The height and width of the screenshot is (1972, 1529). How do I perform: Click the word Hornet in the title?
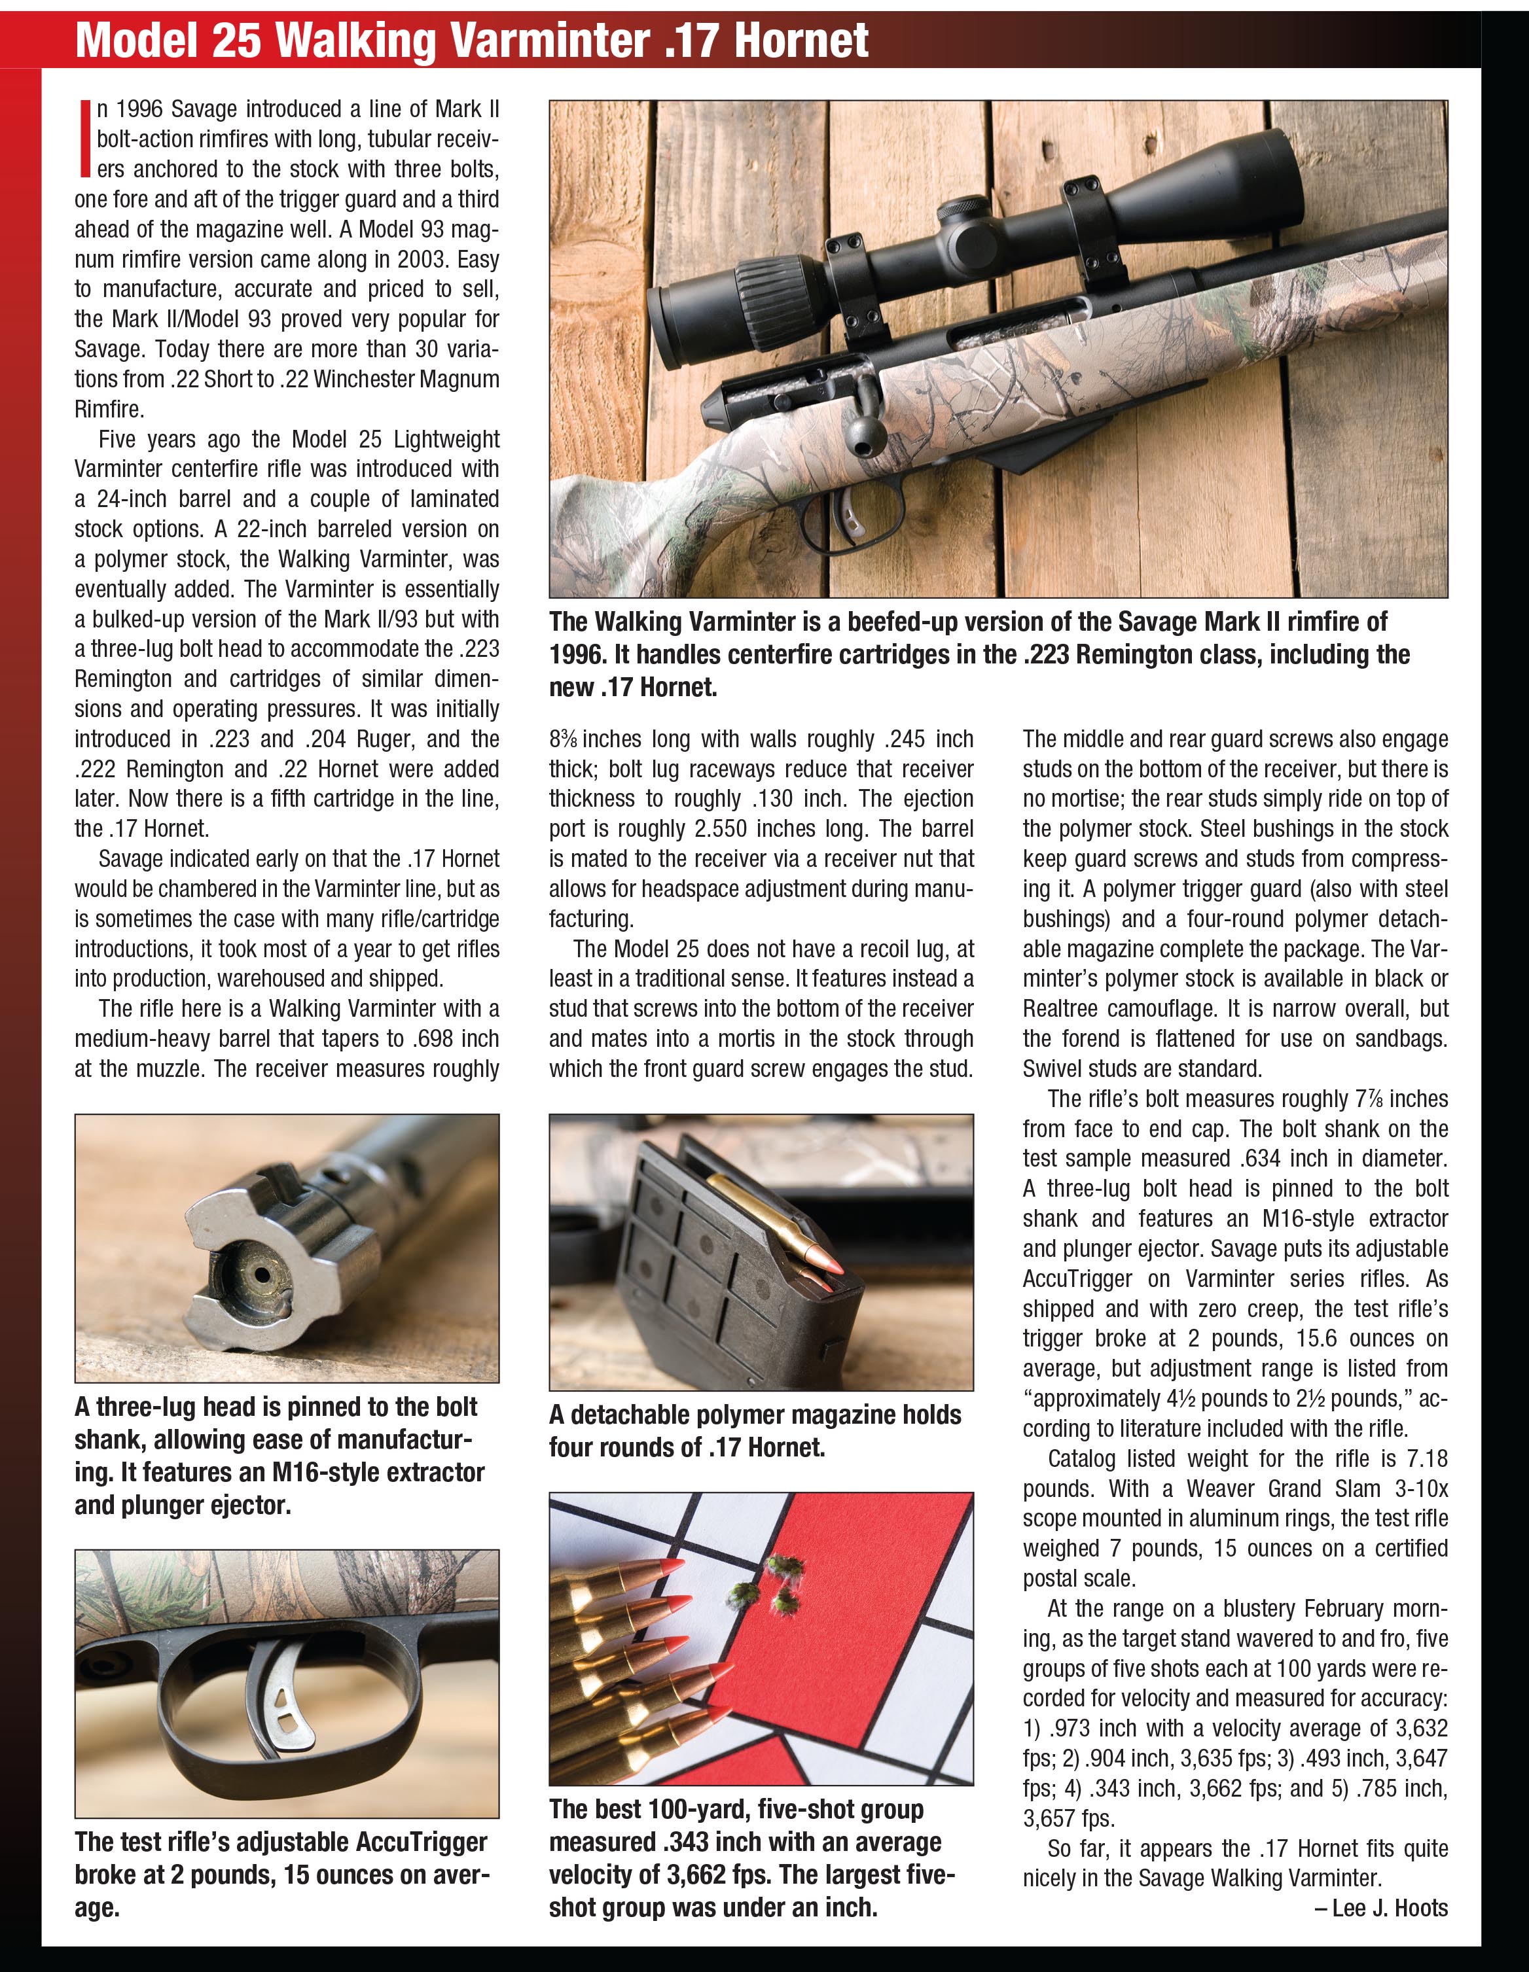pyautogui.click(x=801, y=41)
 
